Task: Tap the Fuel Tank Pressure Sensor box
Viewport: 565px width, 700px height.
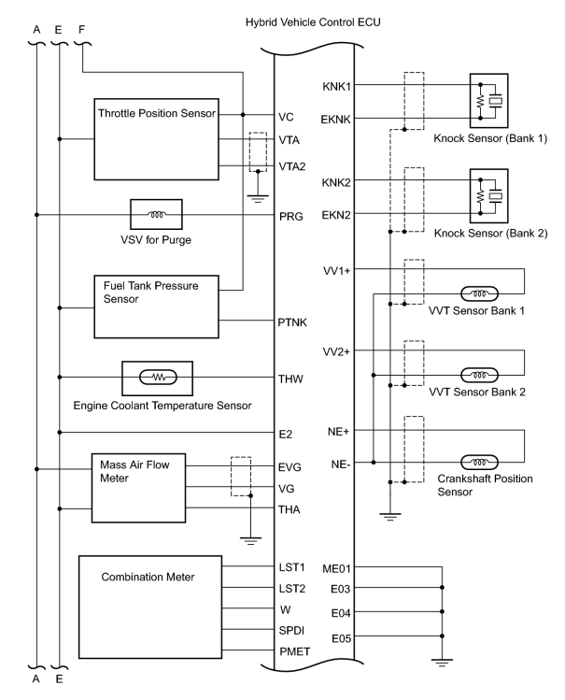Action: (155, 306)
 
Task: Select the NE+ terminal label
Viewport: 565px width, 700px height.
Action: (340, 431)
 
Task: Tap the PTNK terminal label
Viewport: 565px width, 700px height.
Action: (293, 321)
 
